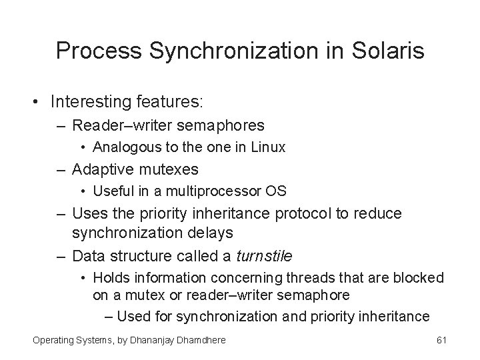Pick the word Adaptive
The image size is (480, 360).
pos(101,169)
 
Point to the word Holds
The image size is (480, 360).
pos(111,277)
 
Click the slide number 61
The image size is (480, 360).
pos(441,341)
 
